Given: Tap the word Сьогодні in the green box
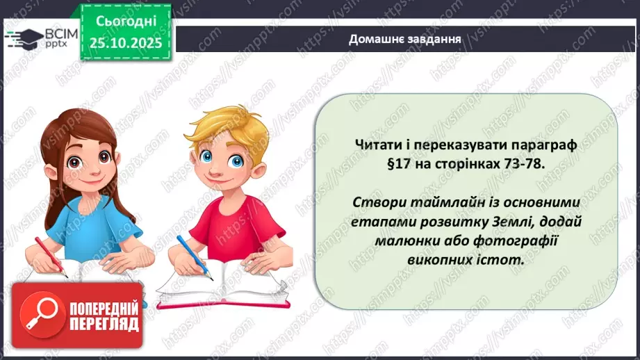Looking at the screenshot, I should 126,22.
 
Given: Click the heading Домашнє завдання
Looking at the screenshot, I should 406,38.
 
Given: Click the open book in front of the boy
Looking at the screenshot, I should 222,285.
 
